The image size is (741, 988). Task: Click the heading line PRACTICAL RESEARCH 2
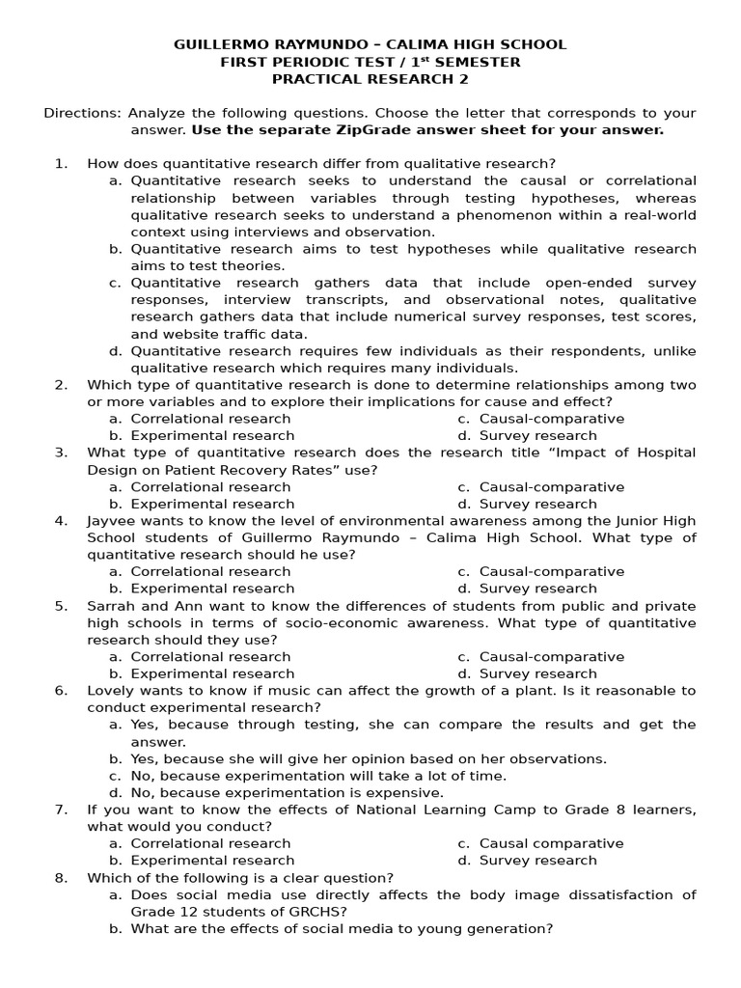370,79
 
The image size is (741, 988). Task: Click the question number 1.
61,163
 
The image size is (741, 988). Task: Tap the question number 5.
61,606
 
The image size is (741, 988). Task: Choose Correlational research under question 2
210,419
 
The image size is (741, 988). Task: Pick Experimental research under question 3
212,504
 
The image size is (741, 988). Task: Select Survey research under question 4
537,589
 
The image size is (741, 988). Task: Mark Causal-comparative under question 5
551,657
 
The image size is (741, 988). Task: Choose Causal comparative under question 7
551,843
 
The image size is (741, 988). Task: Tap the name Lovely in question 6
111,691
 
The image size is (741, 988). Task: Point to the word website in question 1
178,334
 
